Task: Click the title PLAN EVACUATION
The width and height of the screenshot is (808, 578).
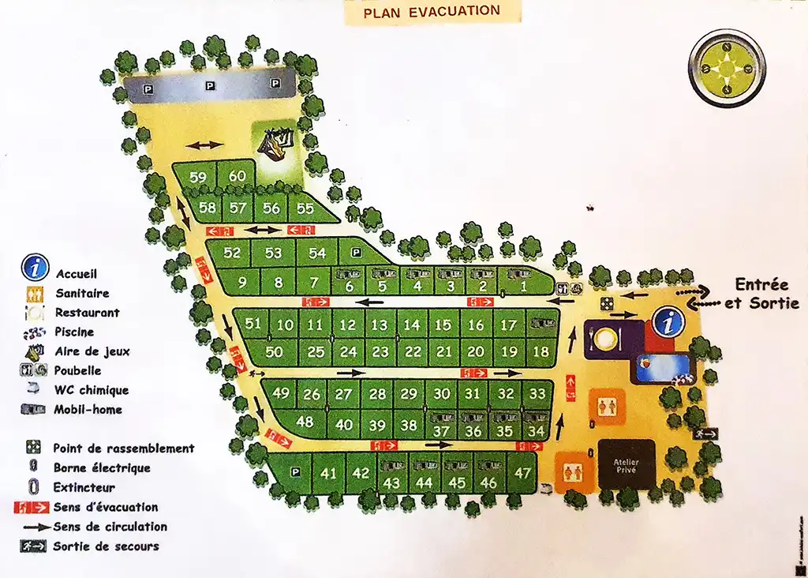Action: tap(432, 12)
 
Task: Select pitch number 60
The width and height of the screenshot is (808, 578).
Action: tap(238, 177)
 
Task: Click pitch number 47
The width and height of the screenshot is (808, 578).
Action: tap(522, 474)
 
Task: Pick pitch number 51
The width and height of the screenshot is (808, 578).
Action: tap(252, 323)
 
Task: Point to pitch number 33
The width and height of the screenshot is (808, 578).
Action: tap(537, 393)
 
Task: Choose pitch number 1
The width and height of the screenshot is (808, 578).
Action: tap(523, 287)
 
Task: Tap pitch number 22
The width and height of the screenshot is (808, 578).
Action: tap(413, 351)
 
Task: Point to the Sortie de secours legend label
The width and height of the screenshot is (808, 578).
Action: tap(106, 546)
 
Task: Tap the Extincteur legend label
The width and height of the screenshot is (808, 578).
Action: tap(84, 487)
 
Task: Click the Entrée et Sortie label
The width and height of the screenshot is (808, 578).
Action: tap(766, 293)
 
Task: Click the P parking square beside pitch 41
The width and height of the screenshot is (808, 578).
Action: tap(296, 472)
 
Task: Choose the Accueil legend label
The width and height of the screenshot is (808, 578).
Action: tap(77, 273)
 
